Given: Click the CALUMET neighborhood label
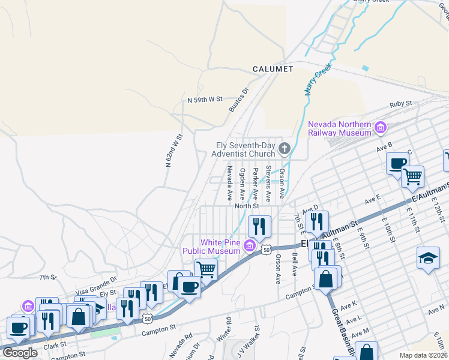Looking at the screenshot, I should click(273, 69).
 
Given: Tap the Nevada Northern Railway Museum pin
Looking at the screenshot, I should click(379, 128).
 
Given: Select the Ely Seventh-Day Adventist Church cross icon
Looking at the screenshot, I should click(285, 148).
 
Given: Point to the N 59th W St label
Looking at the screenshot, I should click(205, 99).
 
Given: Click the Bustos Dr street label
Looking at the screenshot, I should click(238, 100).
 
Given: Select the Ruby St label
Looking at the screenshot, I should click(400, 103).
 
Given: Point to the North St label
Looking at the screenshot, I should click(246, 206).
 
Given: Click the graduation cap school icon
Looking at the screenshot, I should click(428, 258).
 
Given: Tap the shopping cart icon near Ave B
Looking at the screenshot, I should click(412, 176).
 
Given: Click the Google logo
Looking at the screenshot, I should click(20, 352).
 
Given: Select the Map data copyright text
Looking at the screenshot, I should click(424, 355).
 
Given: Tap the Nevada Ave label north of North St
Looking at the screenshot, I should click(229, 184).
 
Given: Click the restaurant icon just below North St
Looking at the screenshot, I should click(259, 226).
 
